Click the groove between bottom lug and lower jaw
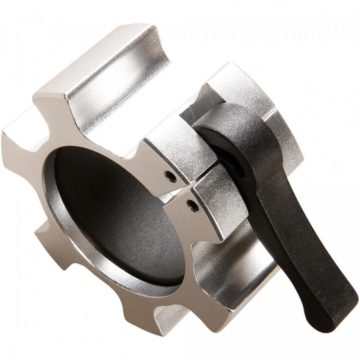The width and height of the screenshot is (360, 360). click(209, 258)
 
